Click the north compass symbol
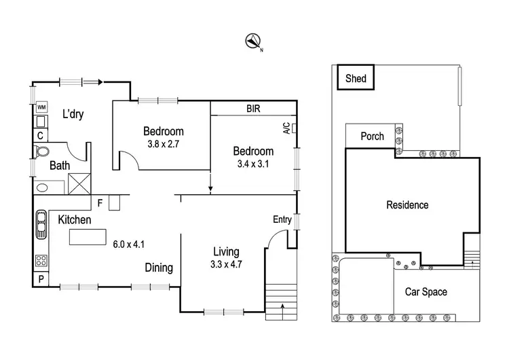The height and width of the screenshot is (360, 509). (253, 41)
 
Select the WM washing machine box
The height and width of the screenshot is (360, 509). (41, 107)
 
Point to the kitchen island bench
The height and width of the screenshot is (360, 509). (88, 236)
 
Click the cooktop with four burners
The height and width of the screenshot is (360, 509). (41, 261)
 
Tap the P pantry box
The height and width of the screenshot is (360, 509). (40, 279)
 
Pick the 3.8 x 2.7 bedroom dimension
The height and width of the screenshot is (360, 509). (164, 143)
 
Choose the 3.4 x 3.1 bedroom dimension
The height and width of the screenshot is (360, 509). (253, 164)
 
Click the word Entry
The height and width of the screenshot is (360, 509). (282, 219)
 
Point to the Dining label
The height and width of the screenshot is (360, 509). (159, 268)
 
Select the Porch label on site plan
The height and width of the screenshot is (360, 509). (372, 136)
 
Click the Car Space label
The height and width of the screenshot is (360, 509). (426, 292)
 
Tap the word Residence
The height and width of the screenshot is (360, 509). (407, 204)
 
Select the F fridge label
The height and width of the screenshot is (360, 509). (100, 202)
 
